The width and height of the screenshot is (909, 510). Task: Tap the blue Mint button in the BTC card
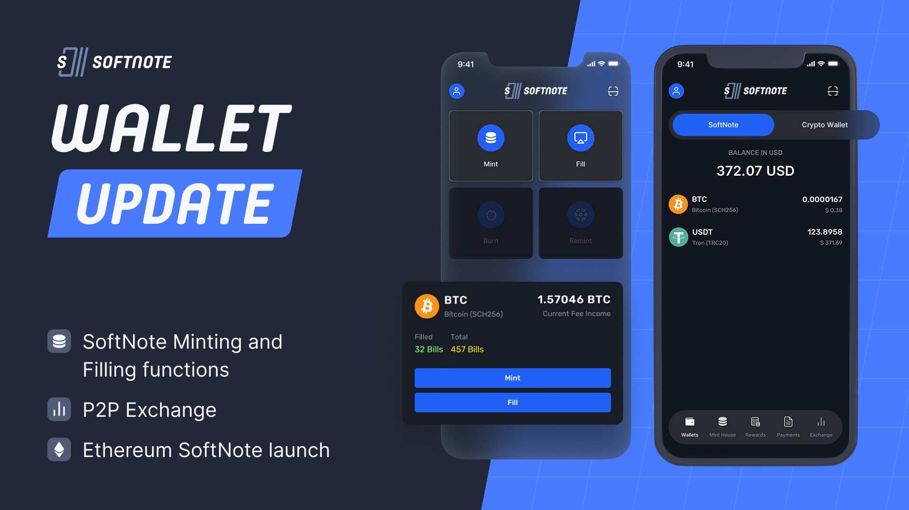coord(512,378)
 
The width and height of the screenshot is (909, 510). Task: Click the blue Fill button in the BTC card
coord(512,402)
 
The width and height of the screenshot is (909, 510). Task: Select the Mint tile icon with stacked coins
coord(490,138)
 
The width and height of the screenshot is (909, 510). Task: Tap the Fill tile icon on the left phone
coord(580,138)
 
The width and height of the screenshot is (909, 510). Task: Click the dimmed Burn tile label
coord(490,241)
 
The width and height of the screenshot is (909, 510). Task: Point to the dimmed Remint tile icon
coord(580,215)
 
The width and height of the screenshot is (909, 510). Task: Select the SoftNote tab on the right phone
coord(723,125)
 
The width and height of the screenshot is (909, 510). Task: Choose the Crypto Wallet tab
coord(824,125)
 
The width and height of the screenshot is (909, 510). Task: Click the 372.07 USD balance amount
coord(755,171)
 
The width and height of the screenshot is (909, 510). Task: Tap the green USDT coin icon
coord(678,237)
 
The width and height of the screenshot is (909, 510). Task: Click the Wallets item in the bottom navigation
coord(690,426)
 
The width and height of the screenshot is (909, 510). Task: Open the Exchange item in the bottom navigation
coord(821,426)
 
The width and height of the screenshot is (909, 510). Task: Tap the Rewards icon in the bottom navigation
coord(755,422)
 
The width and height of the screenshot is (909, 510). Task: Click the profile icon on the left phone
coord(456,91)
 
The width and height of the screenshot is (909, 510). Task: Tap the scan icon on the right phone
coord(832,91)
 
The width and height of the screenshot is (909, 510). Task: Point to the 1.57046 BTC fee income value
coord(574,299)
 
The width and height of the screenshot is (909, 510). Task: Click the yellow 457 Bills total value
coord(467,349)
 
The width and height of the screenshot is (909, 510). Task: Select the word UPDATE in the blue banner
coord(175,203)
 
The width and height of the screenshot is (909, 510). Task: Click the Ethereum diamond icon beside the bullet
coord(59,449)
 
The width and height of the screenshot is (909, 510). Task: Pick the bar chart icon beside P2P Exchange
coord(59,409)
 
